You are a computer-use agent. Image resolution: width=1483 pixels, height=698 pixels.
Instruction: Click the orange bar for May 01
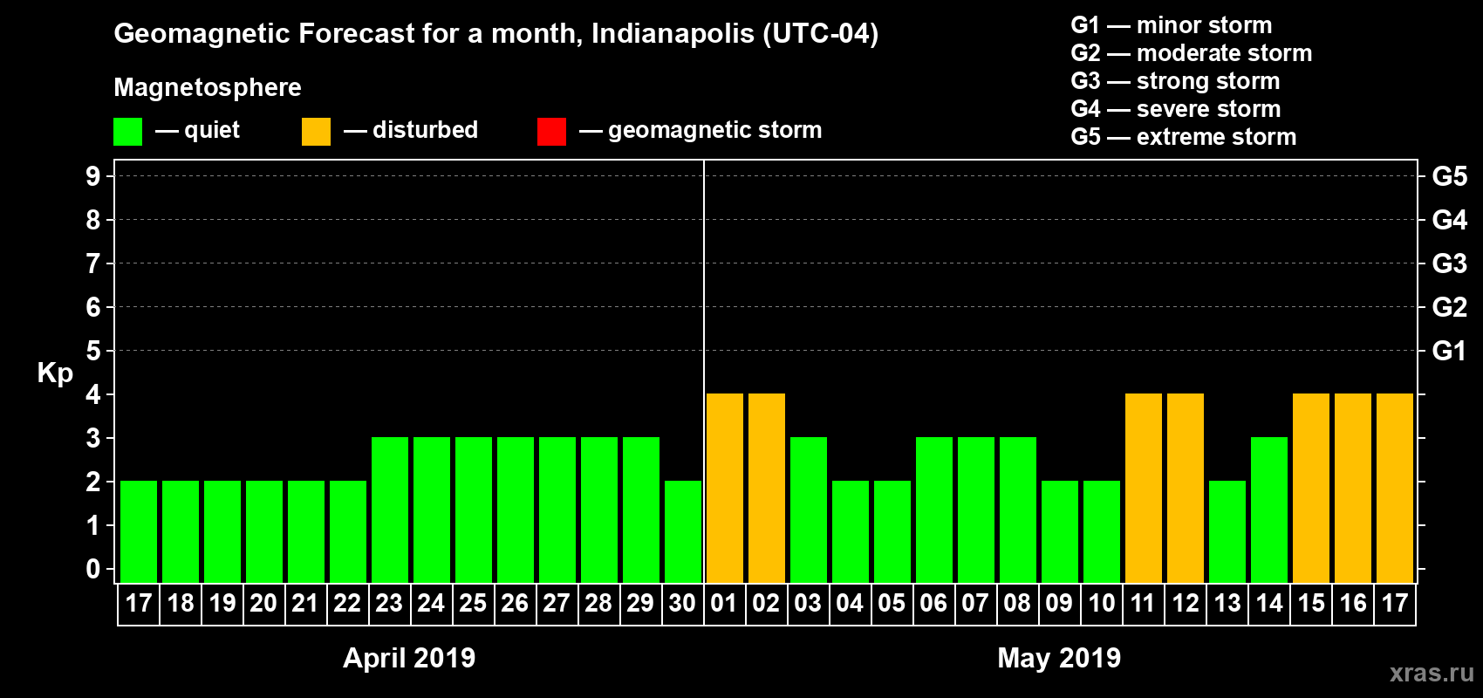pos(725,489)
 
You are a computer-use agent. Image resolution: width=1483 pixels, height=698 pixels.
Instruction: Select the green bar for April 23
pos(390,510)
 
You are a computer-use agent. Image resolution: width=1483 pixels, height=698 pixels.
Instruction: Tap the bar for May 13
pos(1227,532)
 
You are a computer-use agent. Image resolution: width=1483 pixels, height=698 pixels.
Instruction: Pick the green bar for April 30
pos(683,532)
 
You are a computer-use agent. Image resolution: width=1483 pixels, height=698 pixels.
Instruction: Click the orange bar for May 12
pos(1186,489)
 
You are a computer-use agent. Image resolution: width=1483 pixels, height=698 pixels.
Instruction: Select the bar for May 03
pos(809,510)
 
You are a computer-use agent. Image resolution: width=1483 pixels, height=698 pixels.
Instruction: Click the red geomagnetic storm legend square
pos(551,132)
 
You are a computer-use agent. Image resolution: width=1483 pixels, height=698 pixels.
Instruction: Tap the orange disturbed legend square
pos(316,132)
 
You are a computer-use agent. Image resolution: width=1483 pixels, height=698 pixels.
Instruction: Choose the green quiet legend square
pos(127,132)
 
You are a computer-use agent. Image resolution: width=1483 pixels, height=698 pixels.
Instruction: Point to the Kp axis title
pos(55,373)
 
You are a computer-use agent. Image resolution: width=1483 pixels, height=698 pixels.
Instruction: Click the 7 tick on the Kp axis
pos(92,263)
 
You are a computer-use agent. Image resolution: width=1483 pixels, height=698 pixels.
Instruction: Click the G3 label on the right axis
pos(1449,263)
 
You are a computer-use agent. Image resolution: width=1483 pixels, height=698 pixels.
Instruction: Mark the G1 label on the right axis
pos(1449,351)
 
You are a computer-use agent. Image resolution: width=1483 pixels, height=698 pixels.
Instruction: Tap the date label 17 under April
pos(139,604)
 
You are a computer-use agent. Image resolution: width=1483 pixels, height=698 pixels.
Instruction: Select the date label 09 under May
pos(1059,604)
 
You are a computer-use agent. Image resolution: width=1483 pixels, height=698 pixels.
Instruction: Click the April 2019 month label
pos(409,658)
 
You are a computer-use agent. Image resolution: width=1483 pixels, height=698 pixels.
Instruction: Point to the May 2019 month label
pos(1059,658)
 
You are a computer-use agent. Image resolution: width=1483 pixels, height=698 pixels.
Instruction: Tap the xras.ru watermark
pos(1432,673)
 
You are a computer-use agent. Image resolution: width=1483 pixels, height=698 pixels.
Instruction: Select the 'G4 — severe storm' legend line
pos(1176,109)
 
